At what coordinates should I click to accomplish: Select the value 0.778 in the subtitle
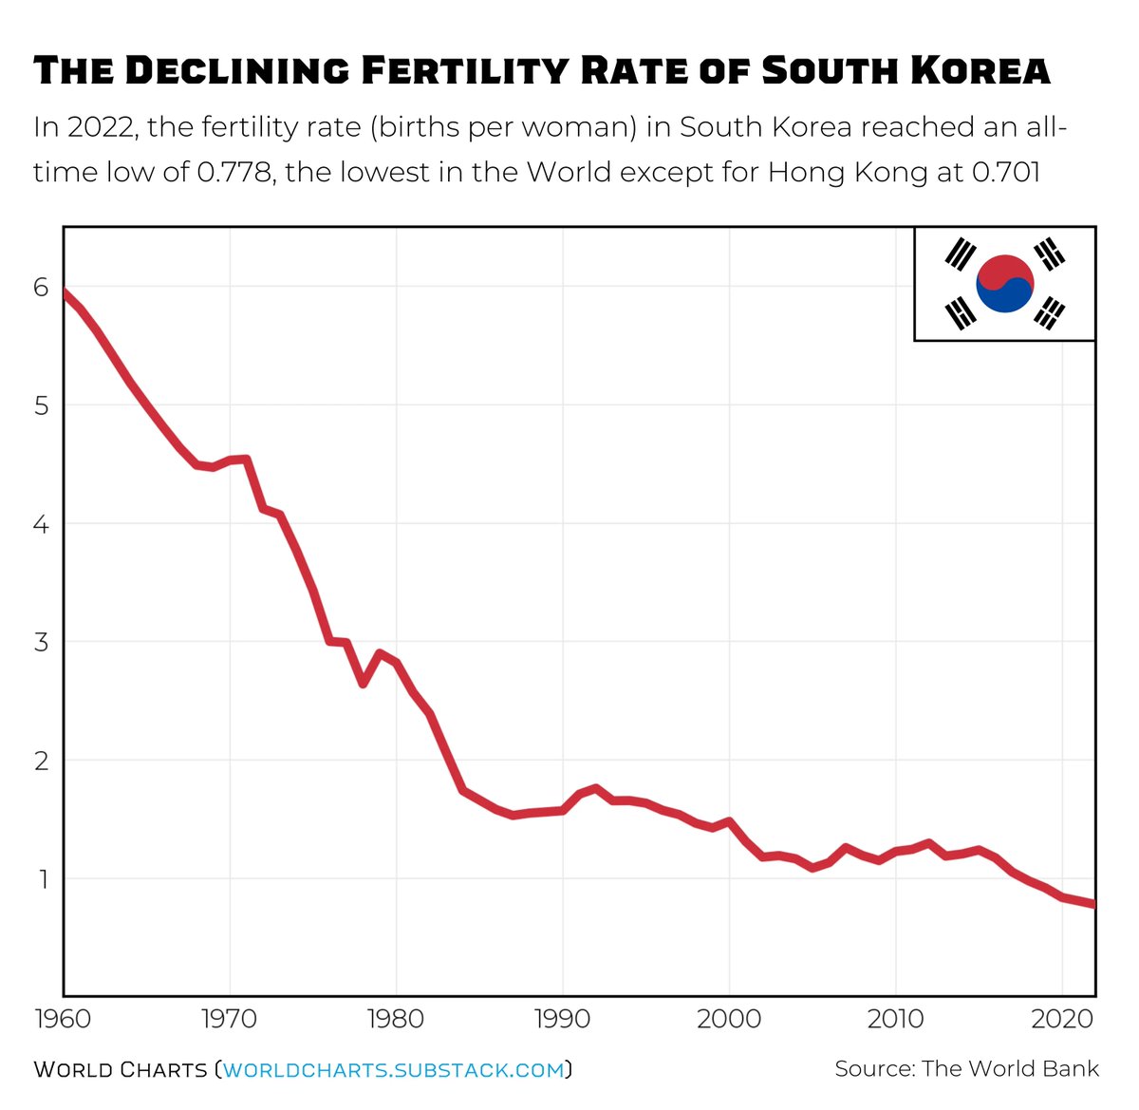(234, 172)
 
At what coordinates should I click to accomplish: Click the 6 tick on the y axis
(41, 287)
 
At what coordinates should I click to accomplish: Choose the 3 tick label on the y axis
(41, 642)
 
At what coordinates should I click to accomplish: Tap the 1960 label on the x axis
(63, 1020)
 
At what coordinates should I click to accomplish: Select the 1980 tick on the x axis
(396, 1020)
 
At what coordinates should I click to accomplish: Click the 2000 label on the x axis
(729, 1020)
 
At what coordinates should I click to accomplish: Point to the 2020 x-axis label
(1062, 1020)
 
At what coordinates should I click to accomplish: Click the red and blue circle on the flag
(1004, 284)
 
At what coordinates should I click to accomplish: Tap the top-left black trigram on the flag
(961, 254)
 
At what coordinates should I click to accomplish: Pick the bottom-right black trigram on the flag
(1049, 312)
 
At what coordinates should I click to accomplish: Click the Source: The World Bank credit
(966, 1069)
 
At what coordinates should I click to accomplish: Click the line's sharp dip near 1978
(363, 683)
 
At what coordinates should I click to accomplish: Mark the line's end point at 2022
(1093, 904)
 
